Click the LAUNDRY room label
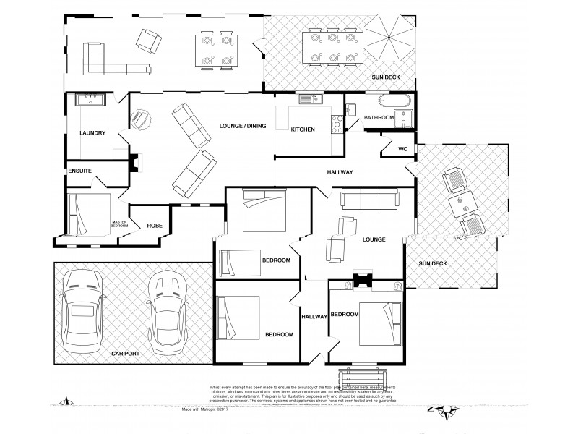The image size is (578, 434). coord(92,133)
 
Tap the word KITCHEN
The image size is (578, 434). coord(302,129)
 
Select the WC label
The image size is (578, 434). coord(402,150)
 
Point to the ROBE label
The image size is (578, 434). coord(155,226)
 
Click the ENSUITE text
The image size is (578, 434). coord(79,171)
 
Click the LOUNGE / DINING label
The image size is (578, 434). coord(243,127)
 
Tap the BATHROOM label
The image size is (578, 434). coord(379,117)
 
